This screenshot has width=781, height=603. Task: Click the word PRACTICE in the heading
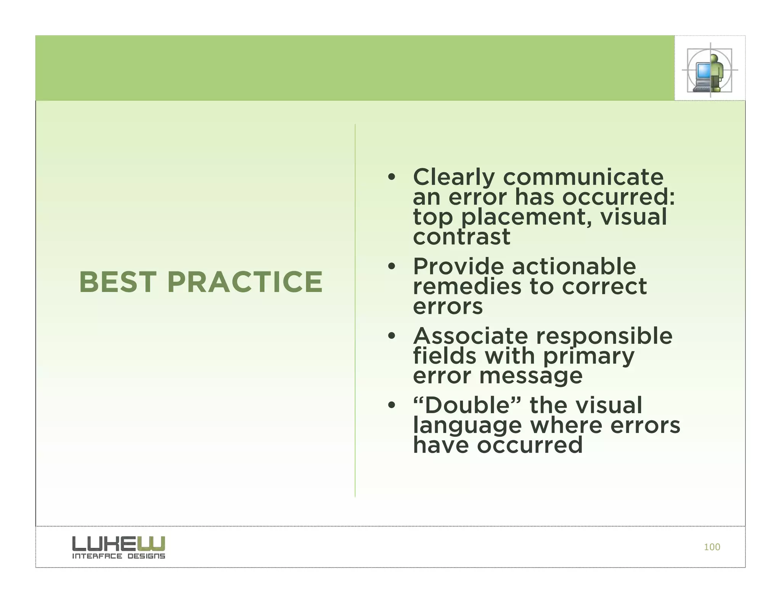[x=245, y=282]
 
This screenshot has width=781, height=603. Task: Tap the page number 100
[x=712, y=547]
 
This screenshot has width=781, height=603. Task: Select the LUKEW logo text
[x=119, y=544]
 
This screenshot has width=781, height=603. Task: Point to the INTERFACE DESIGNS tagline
[x=119, y=556]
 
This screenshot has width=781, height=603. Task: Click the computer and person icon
[x=709, y=70]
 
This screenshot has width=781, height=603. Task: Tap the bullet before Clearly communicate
[x=391, y=177]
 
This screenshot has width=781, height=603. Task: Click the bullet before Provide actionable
[x=391, y=266]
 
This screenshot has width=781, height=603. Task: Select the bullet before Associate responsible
[x=391, y=336]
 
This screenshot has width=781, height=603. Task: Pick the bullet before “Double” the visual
[x=391, y=405]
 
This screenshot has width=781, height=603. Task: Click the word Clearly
[x=454, y=178]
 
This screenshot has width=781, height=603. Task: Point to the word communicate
[x=583, y=178]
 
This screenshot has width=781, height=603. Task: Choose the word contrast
[x=461, y=237]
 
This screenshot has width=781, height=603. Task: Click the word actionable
[x=574, y=266]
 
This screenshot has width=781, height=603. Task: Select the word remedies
[x=467, y=286]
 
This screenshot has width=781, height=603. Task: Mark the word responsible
[x=604, y=336]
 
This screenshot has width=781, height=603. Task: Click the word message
[x=531, y=376]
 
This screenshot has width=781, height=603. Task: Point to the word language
[x=467, y=426]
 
